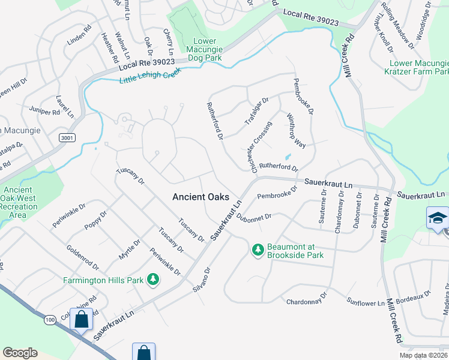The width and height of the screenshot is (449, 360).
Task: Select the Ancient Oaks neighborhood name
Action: [x=200, y=196]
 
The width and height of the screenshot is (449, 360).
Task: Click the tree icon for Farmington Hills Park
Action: [x=153, y=279]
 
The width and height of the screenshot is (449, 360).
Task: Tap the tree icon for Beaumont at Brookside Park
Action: [x=258, y=248]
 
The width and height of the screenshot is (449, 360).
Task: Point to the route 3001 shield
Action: [x=67, y=138]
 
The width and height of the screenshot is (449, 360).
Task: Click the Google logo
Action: [x=20, y=353]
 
